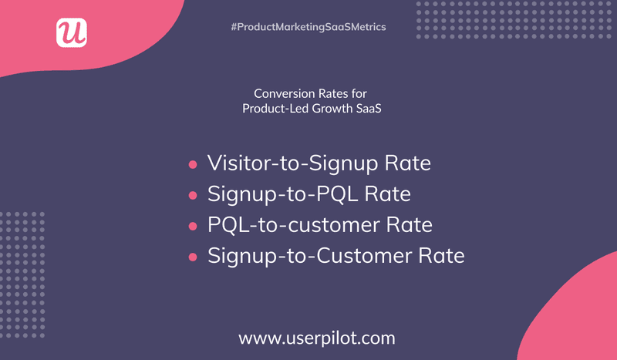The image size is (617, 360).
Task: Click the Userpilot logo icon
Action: coord(72,32)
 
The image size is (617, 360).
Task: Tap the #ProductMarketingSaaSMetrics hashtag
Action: coord(308,27)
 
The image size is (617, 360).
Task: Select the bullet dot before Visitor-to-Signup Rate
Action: coord(193,164)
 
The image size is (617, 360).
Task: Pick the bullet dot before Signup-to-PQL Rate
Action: coord(193,195)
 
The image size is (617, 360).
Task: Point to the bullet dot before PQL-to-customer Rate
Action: coord(193,226)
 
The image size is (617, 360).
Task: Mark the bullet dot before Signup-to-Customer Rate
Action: coord(193,257)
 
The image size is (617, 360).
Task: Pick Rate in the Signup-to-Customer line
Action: coord(441,256)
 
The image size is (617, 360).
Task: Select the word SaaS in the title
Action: coord(367,109)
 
